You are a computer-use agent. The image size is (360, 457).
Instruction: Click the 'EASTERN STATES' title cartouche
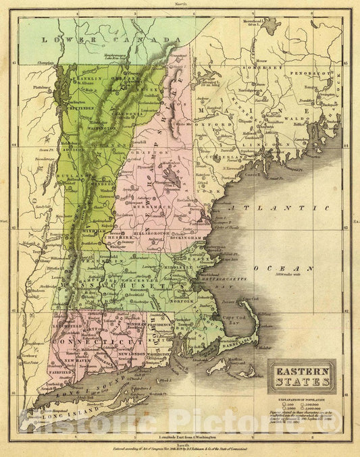tap(303, 376)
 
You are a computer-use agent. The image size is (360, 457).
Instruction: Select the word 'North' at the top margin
tap(180, 4)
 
